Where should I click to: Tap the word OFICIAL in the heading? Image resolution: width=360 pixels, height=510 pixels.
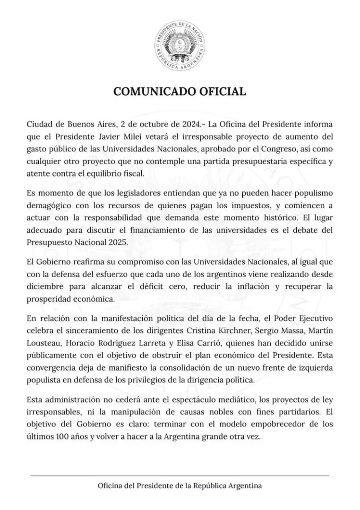pyautogui.click(x=223, y=92)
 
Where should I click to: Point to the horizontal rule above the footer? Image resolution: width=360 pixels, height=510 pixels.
pyautogui.click(x=180, y=475)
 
